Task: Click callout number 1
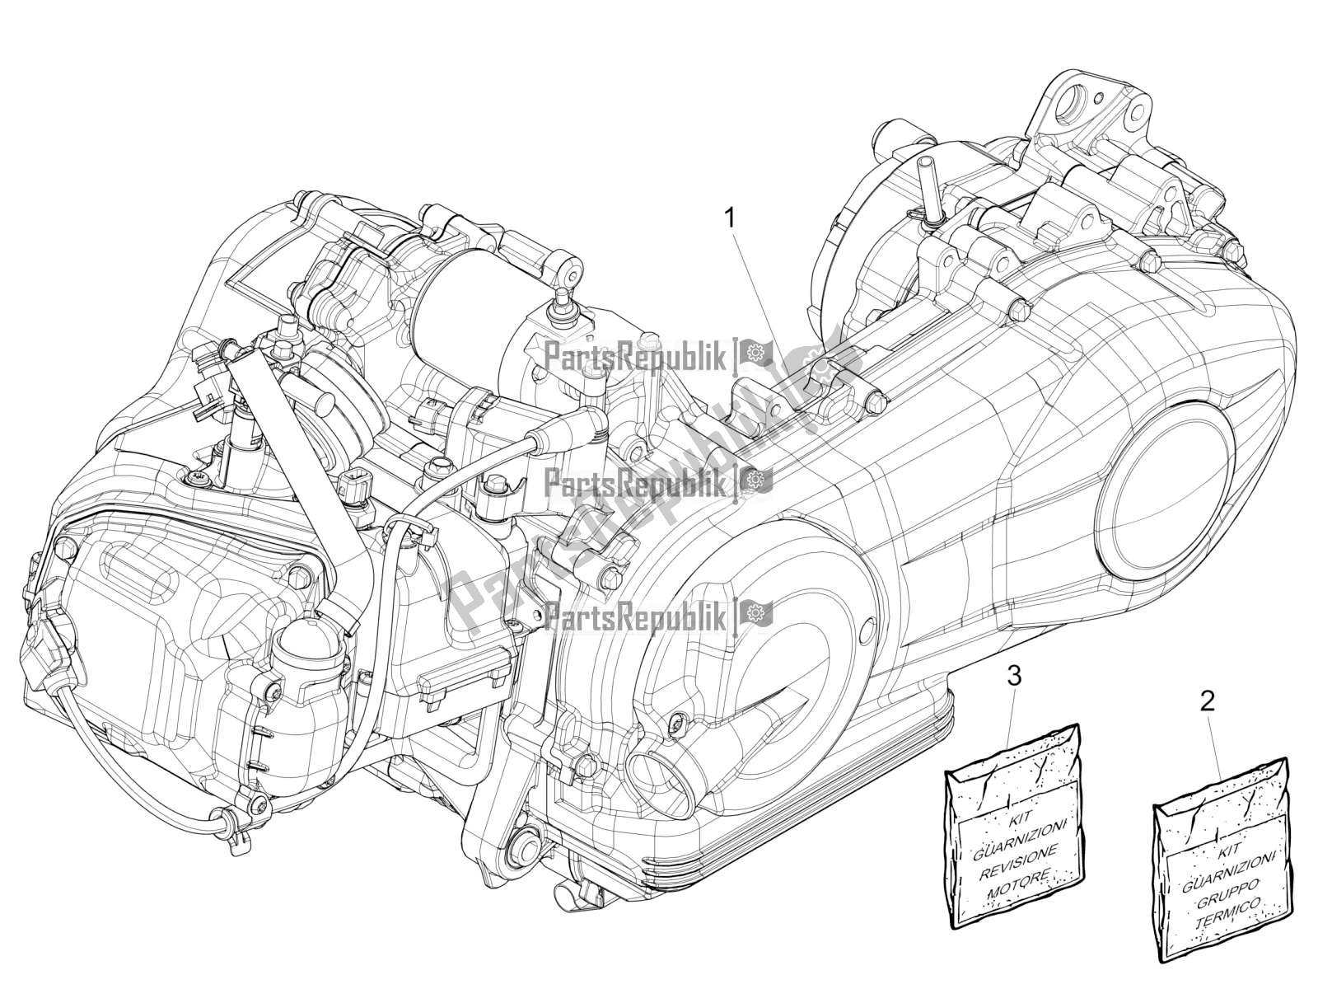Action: [x=728, y=195]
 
